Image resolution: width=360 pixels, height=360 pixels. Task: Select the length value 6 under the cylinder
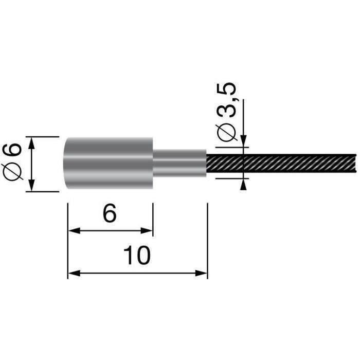(109, 213)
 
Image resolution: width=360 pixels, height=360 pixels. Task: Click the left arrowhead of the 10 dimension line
(73, 274)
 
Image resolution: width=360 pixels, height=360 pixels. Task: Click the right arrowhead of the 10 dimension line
(203, 274)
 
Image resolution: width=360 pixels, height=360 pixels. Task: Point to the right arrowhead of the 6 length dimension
(149, 231)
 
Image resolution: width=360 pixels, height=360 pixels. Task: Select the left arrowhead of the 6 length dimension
(73, 231)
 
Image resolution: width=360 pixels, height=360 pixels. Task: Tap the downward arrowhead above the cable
(243, 142)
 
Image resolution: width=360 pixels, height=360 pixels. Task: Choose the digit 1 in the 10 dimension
(129, 255)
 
